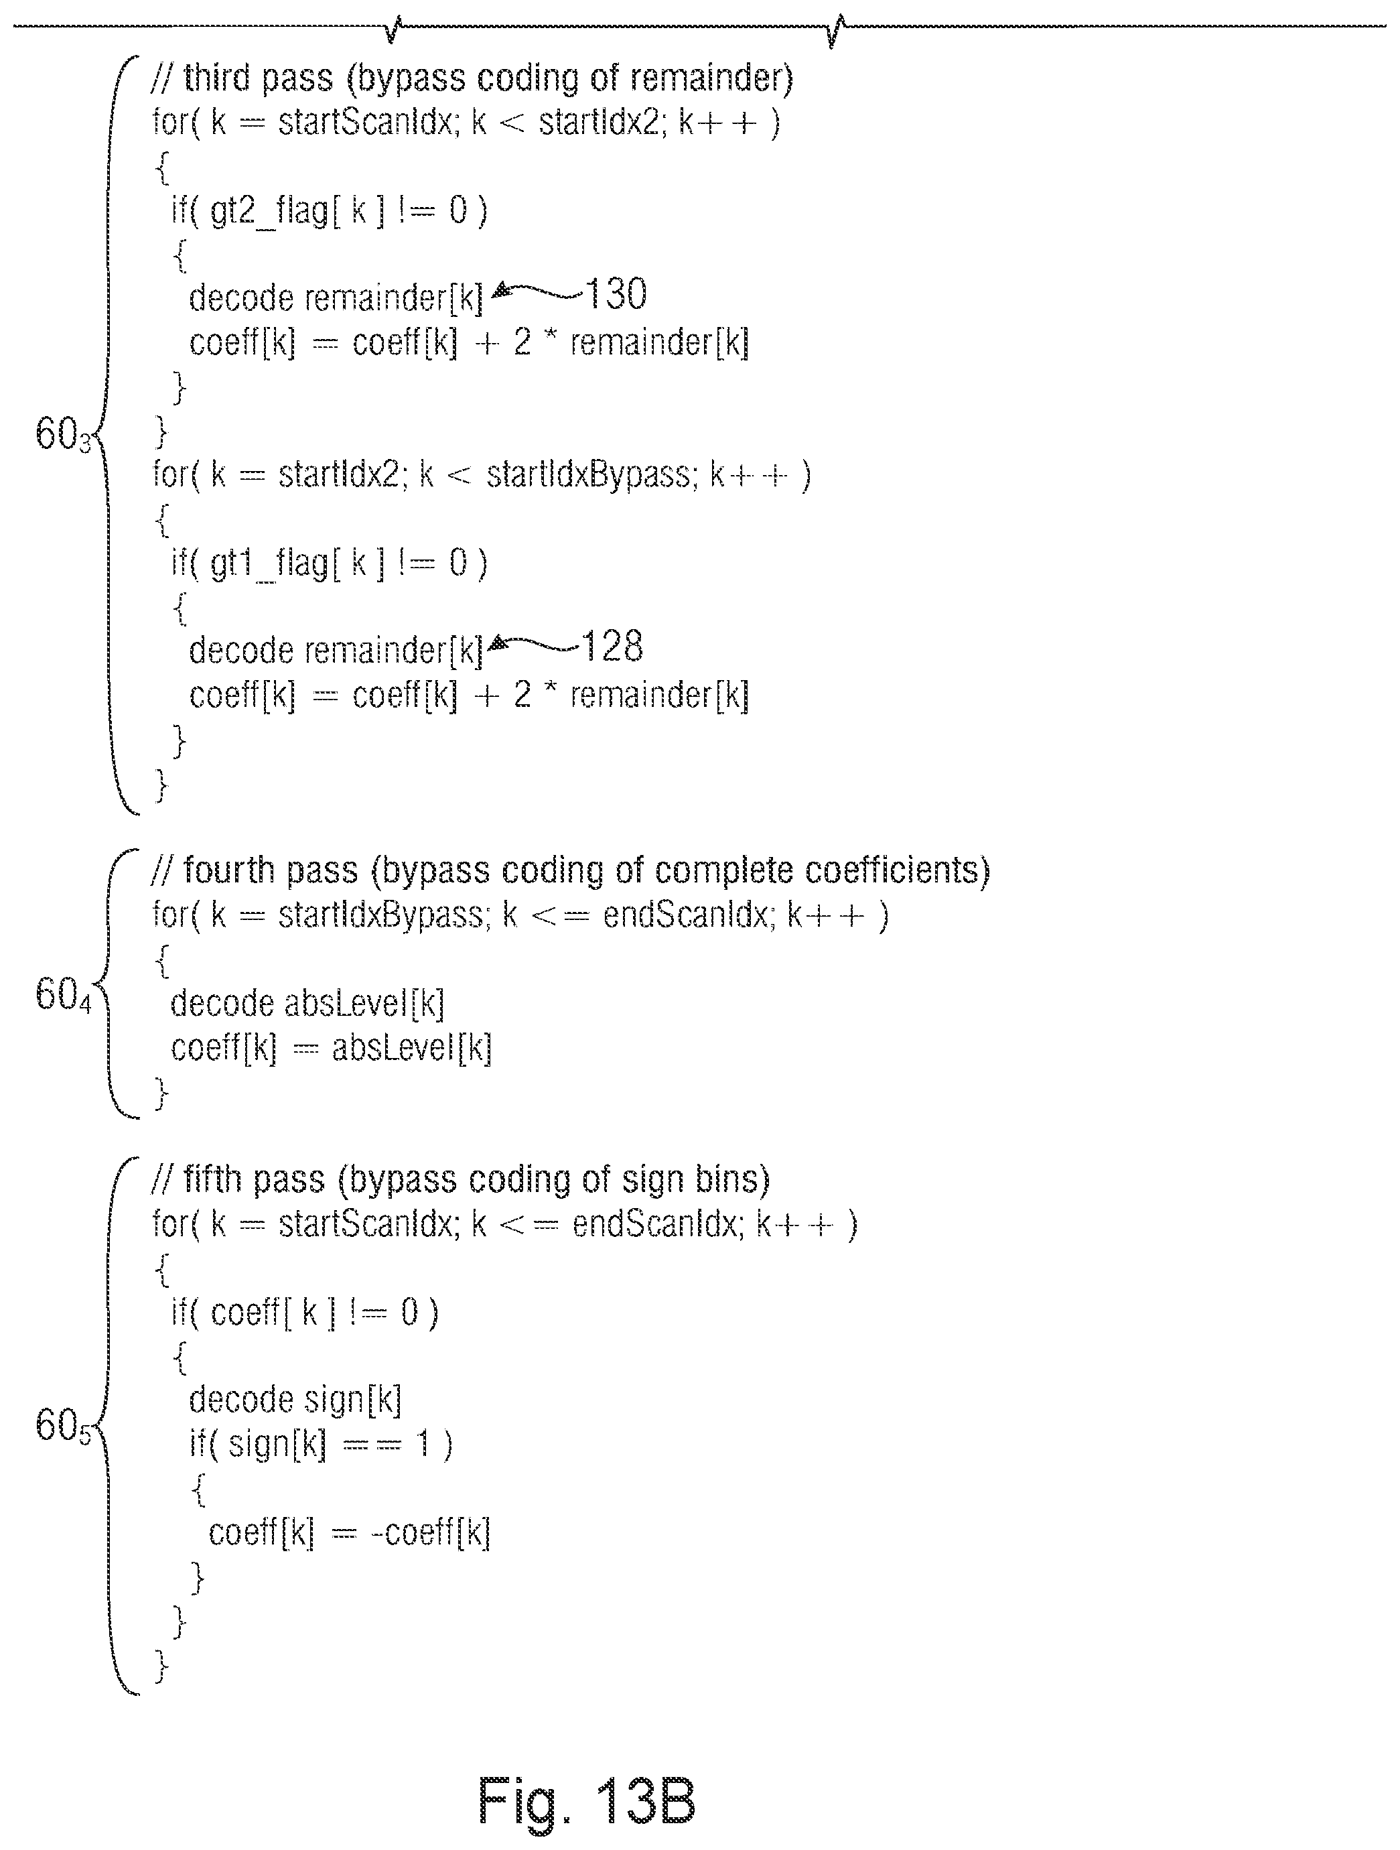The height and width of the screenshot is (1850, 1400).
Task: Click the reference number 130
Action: coord(615,293)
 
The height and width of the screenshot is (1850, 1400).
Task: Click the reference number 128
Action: coord(612,647)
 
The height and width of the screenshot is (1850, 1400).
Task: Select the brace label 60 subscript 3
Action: coord(63,435)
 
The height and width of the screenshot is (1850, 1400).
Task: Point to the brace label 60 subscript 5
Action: coord(63,1426)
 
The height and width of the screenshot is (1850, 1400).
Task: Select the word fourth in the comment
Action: coord(228,870)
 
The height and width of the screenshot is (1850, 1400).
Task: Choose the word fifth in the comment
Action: coord(212,1180)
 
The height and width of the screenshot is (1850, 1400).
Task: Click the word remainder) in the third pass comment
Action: coord(711,78)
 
